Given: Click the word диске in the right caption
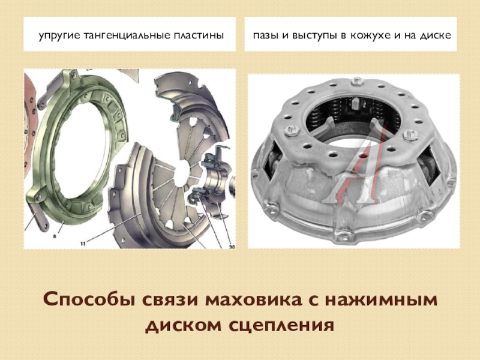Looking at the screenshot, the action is [x=435, y=35].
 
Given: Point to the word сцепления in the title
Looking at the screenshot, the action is [x=281, y=325].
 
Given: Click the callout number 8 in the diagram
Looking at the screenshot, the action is [x=55, y=236].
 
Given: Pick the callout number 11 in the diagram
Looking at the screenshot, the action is [x=83, y=244].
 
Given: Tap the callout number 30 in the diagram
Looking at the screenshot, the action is [x=232, y=246].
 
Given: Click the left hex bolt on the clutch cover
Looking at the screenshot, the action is [x=292, y=131].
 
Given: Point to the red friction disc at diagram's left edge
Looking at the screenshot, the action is [x=30, y=128].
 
